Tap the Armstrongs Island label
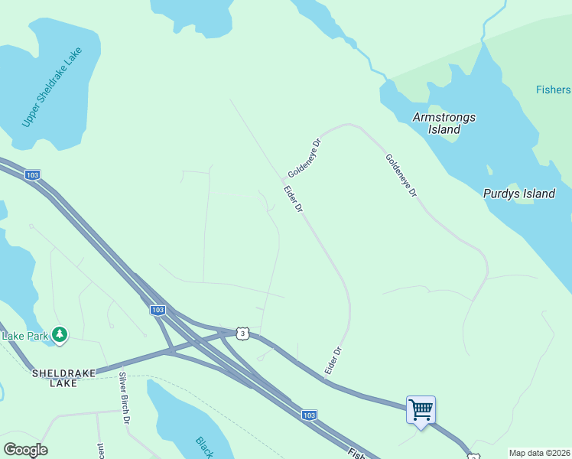point(444,123)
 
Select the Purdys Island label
point(518,194)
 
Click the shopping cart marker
point(421,410)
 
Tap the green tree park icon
point(59,335)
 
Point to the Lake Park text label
point(25,336)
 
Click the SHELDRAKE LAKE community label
point(64,378)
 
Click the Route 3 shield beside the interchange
point(242,334)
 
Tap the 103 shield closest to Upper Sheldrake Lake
point(32,175)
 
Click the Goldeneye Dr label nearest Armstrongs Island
point(401,177)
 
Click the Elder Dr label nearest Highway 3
point(332,361)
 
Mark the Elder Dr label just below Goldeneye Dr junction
point(294,199)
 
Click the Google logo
point(25,450)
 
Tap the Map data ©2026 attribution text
point(539,453)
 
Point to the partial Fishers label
point(553,90)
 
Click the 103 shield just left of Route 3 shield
point(158,310)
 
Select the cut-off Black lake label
point(203,447)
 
